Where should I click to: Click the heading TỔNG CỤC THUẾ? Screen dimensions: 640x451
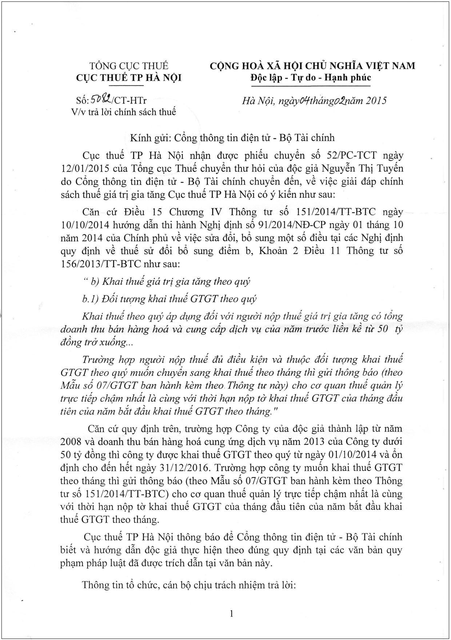[129, 66]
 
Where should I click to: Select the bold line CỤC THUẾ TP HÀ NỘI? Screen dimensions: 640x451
[129, 78]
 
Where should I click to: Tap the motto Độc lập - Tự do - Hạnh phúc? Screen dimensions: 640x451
[310, 78]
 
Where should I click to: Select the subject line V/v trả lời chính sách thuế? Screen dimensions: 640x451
[123, 112]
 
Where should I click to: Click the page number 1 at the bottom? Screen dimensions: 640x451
[231, 614]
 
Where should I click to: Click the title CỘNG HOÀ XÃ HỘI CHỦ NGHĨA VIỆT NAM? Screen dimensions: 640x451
[312, 66]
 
